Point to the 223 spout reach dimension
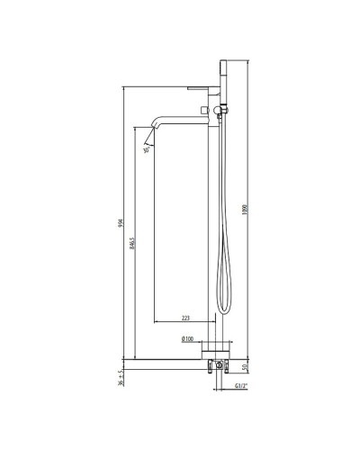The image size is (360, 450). (185, 317)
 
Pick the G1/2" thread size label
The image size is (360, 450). (238, 386)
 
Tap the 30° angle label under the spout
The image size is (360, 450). (147, 150)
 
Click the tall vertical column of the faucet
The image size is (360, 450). (217, 225)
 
